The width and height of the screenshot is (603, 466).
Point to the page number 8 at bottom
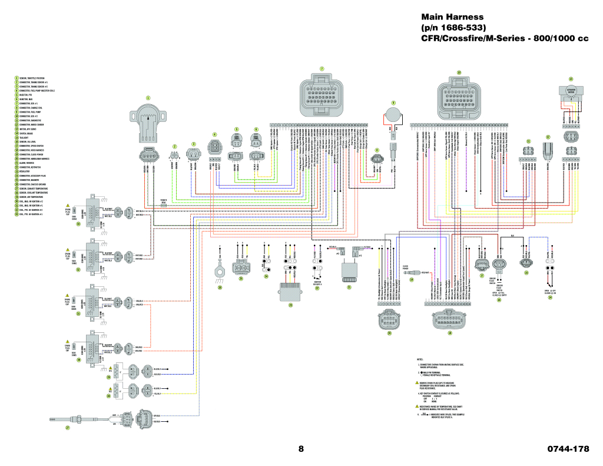click(301, 449)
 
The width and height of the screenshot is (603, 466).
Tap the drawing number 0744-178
click(568, 449)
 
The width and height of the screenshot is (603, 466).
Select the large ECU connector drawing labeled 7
click(322, 95)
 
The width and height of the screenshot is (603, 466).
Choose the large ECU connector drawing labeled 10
click(459, 97)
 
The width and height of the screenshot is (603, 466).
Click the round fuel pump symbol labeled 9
click(393, 113)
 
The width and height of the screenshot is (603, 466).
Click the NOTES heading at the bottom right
click(420, 359)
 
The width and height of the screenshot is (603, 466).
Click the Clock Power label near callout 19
click(406, 266)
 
